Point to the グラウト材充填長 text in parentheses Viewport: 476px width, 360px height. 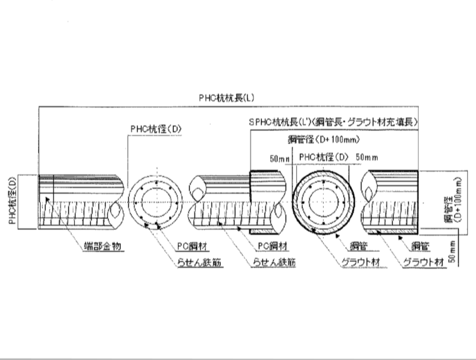[391, 123]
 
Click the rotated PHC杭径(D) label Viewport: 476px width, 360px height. [13, 201]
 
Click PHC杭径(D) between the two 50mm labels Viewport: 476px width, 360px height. [323, 156]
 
